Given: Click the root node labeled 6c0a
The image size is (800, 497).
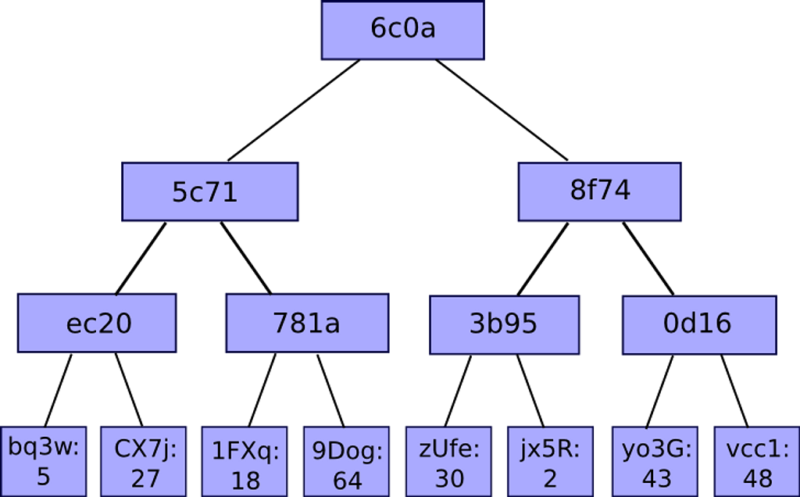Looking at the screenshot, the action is tap(402, 30).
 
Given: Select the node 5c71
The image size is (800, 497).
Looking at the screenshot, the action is tap(209, 192).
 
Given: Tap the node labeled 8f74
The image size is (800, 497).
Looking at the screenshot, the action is tap(599, 192).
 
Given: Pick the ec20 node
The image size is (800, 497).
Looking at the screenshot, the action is tap(97, 323).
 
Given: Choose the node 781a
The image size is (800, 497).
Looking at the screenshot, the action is tap(307, 323).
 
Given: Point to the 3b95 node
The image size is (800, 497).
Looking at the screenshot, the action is tap(504, 324).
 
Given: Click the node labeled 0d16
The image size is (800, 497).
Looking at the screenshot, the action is tap(699, 324).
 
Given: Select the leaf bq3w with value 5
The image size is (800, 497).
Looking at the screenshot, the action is tap(44, 461).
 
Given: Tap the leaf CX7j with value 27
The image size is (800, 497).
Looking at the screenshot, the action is tap(144, 461).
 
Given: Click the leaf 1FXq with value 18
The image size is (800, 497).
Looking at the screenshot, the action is tap(245, 461).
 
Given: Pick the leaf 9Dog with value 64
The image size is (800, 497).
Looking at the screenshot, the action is tap(346, 461).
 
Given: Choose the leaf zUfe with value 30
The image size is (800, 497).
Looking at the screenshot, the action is tap(448, 461).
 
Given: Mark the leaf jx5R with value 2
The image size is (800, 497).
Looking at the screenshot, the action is tap(550, 461).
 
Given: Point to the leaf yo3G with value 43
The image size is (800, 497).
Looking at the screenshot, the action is tap(655, 461).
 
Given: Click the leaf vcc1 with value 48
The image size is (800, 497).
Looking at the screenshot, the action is tap(756, 461).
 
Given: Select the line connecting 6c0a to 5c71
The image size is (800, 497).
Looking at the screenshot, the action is tap(294, 110).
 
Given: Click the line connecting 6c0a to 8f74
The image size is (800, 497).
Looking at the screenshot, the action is tap(502, 110).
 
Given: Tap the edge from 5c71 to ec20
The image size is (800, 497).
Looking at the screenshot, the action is tap(141, 258).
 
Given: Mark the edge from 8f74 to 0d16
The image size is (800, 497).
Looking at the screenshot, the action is tap(648, 259).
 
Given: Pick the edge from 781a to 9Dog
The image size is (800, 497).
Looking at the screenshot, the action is tap(330, 391).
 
